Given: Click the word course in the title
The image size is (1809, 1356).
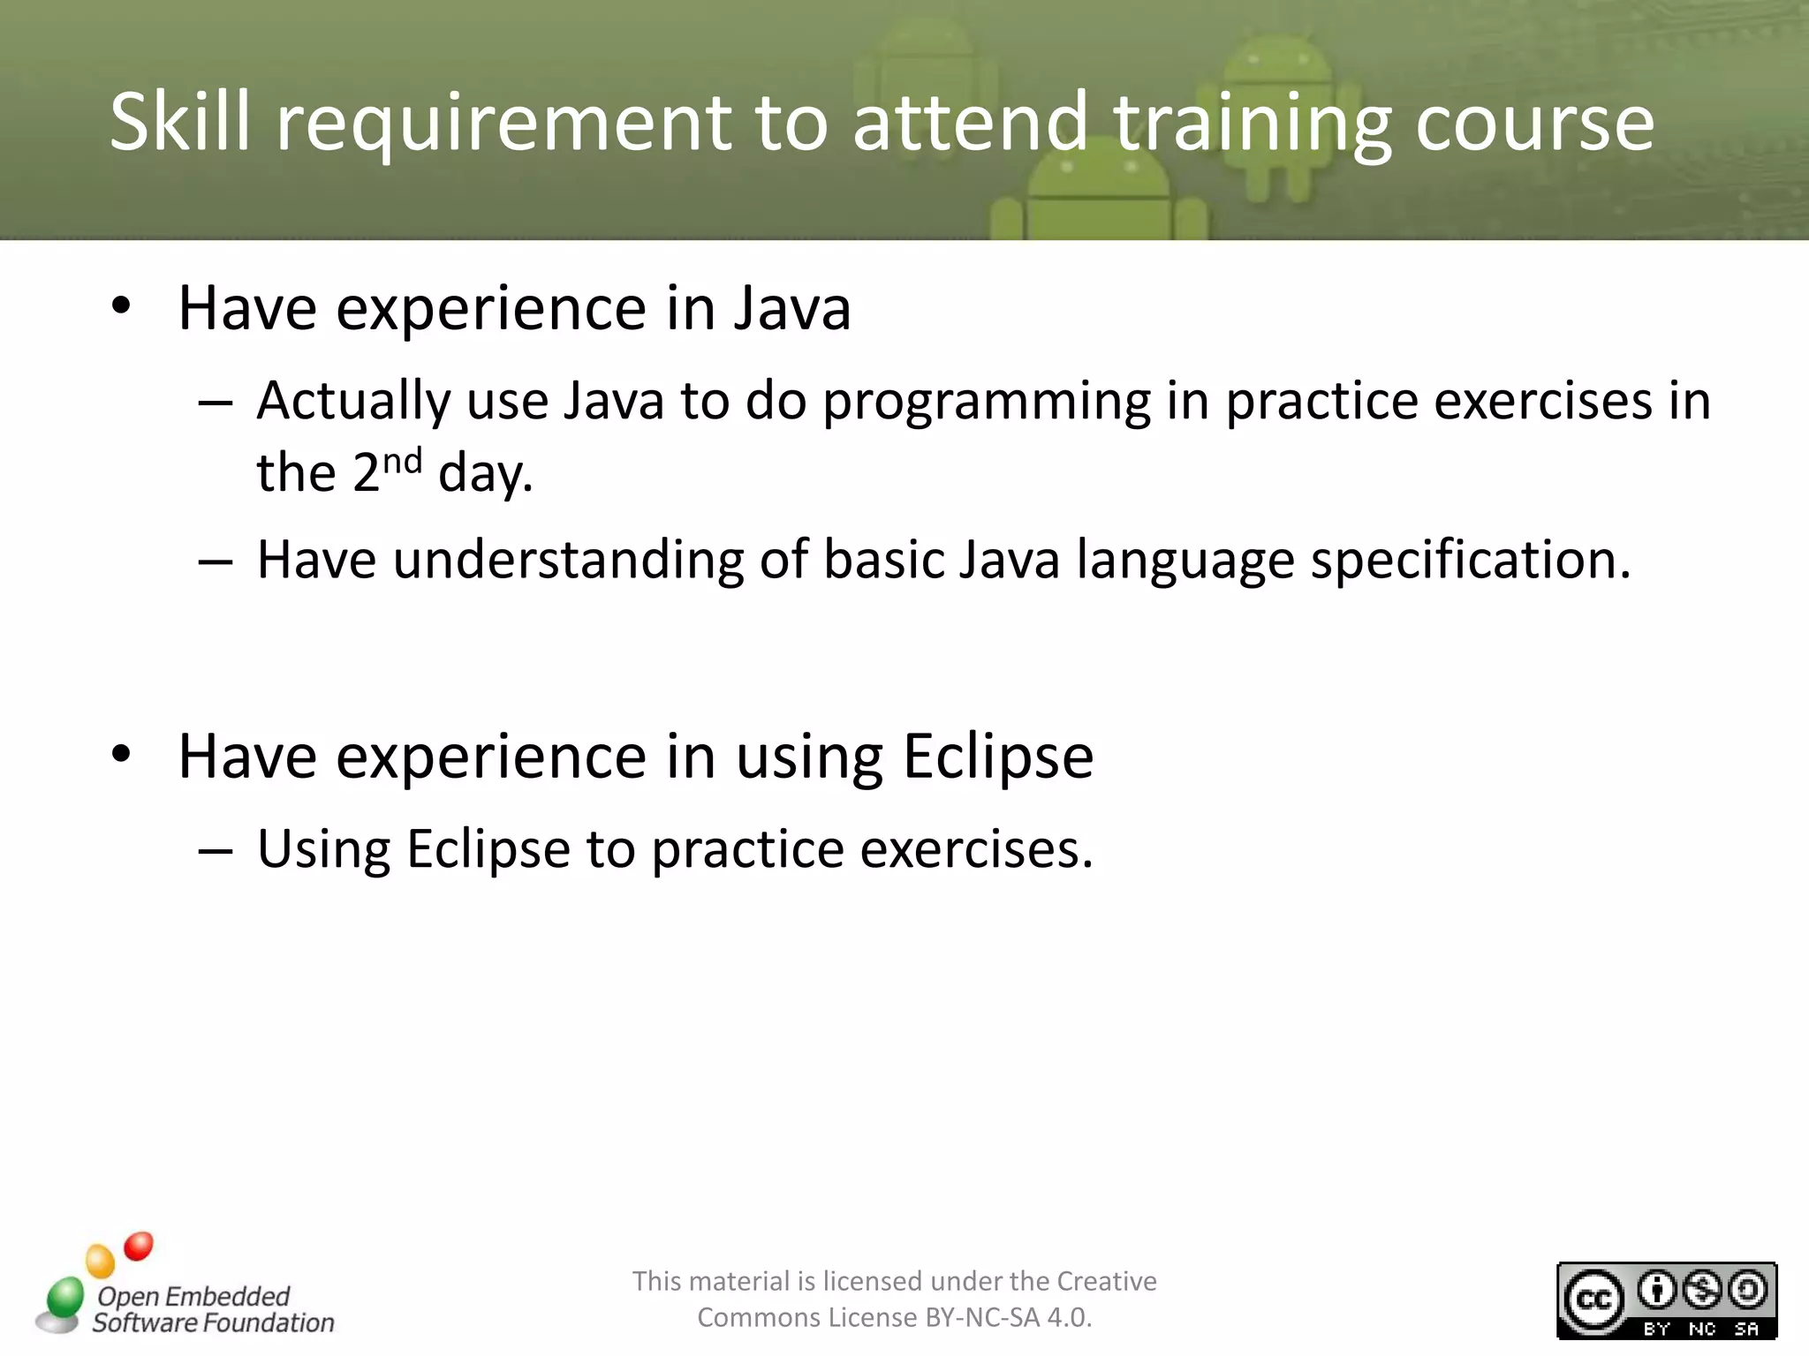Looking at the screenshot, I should (x=1534, y=124).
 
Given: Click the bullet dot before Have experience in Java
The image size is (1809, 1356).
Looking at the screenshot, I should (x=122, y=306).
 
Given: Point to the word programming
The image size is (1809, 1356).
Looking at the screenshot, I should (x=986, y=403).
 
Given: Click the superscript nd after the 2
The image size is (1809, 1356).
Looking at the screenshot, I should (x=402, y=462).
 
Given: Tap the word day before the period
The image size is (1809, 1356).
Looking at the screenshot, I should (x=481, y=474).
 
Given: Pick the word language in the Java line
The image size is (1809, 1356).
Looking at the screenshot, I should (x=1185, y=562).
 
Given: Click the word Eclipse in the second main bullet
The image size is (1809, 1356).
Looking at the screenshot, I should (x=998, y=757).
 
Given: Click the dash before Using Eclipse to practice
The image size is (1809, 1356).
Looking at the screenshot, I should (x=216, y=851).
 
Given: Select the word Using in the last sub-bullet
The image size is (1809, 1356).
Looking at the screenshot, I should (x=323, y=851).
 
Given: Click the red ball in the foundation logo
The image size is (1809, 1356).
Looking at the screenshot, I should (x=139, y=1246).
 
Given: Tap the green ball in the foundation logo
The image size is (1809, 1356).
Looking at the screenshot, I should (x=64, y=1297).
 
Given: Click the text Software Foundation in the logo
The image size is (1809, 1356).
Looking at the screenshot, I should (x=214, y=1322).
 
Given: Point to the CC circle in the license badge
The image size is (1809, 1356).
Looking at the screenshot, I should (x=1593, y=1299).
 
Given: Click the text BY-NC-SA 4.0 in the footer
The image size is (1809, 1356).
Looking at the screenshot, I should (x=1007, y=1317).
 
